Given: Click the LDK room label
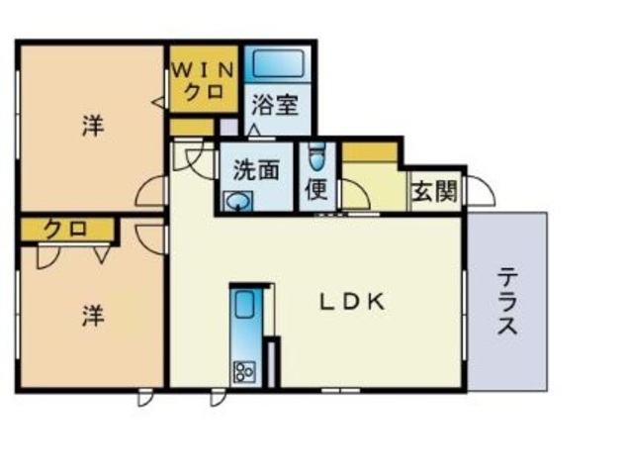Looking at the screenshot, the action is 353,302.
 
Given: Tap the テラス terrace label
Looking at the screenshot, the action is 507,302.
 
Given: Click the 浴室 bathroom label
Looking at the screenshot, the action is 276,105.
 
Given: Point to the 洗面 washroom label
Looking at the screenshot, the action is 255,169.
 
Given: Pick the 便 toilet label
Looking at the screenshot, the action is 316,189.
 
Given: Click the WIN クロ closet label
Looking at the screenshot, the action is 204,82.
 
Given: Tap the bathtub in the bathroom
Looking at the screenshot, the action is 279,63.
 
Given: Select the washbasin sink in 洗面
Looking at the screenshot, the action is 238,201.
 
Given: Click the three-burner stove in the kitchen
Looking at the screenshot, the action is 244,372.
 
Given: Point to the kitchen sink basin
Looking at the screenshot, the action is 244,304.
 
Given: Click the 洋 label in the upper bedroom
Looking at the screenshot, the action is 93,126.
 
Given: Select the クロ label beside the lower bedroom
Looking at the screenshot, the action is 65,230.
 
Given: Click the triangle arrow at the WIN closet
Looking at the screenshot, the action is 158,102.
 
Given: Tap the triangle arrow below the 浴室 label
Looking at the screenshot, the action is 254,130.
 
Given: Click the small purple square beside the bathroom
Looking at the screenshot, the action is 228,128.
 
